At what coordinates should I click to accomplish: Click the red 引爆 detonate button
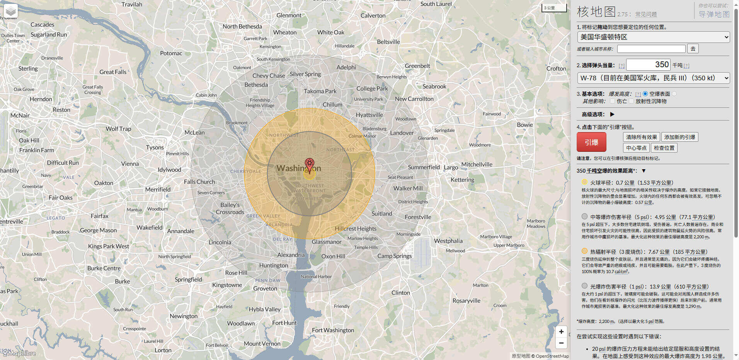click(591, 142)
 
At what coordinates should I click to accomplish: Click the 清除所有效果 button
click(641, 137)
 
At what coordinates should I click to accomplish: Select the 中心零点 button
click(636, 148)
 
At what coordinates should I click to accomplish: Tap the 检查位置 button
click(664, 148)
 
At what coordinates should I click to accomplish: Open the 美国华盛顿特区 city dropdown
click(653, 37)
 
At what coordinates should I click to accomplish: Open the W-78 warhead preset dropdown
click(653, 78)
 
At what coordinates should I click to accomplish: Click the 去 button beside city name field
click(693, 49)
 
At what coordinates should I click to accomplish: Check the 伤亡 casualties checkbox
click(612, 101)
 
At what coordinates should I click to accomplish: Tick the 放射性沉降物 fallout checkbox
click(631, 101)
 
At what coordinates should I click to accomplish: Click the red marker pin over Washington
click(309, 164)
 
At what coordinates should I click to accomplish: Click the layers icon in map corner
click(11, 12)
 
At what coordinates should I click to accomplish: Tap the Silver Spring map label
click(305, 74)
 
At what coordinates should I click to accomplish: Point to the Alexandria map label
click(291, 255)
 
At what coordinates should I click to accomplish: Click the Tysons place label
click(155, 148)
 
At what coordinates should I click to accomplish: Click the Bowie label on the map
click(524, 125)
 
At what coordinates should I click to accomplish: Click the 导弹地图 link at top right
click(713, 14)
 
